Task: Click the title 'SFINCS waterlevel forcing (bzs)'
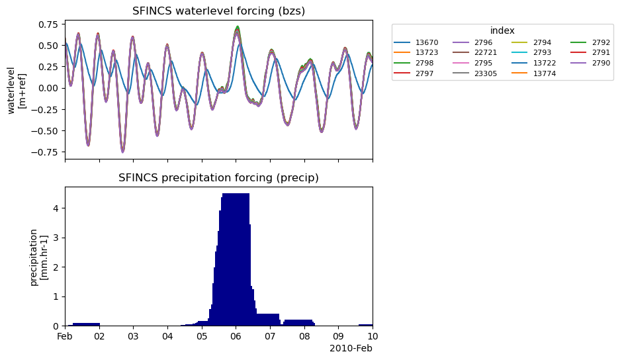point(218,11)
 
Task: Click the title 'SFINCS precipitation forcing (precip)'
point(218,177)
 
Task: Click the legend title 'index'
point(502,30)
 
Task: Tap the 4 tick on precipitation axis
point(57,208)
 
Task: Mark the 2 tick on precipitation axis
point(57,267)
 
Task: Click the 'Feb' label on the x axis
point(65,337)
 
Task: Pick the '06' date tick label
point(236,337)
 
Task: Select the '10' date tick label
point(373,337)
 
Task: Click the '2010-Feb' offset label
point(351,348)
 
